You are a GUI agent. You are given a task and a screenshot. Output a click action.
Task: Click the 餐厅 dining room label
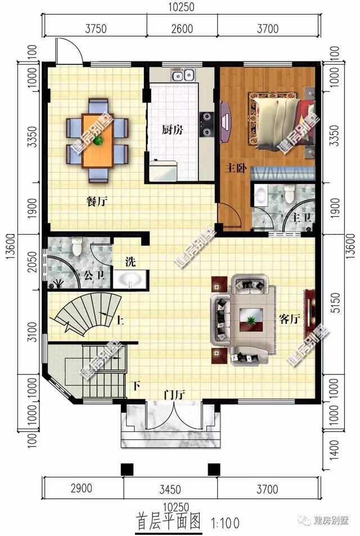pos(97,201)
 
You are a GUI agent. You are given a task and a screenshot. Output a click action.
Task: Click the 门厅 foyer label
pos(174,394)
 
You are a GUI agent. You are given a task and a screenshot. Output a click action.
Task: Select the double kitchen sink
pos(183,75)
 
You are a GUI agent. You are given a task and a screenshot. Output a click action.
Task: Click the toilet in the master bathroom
pos(289,194)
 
